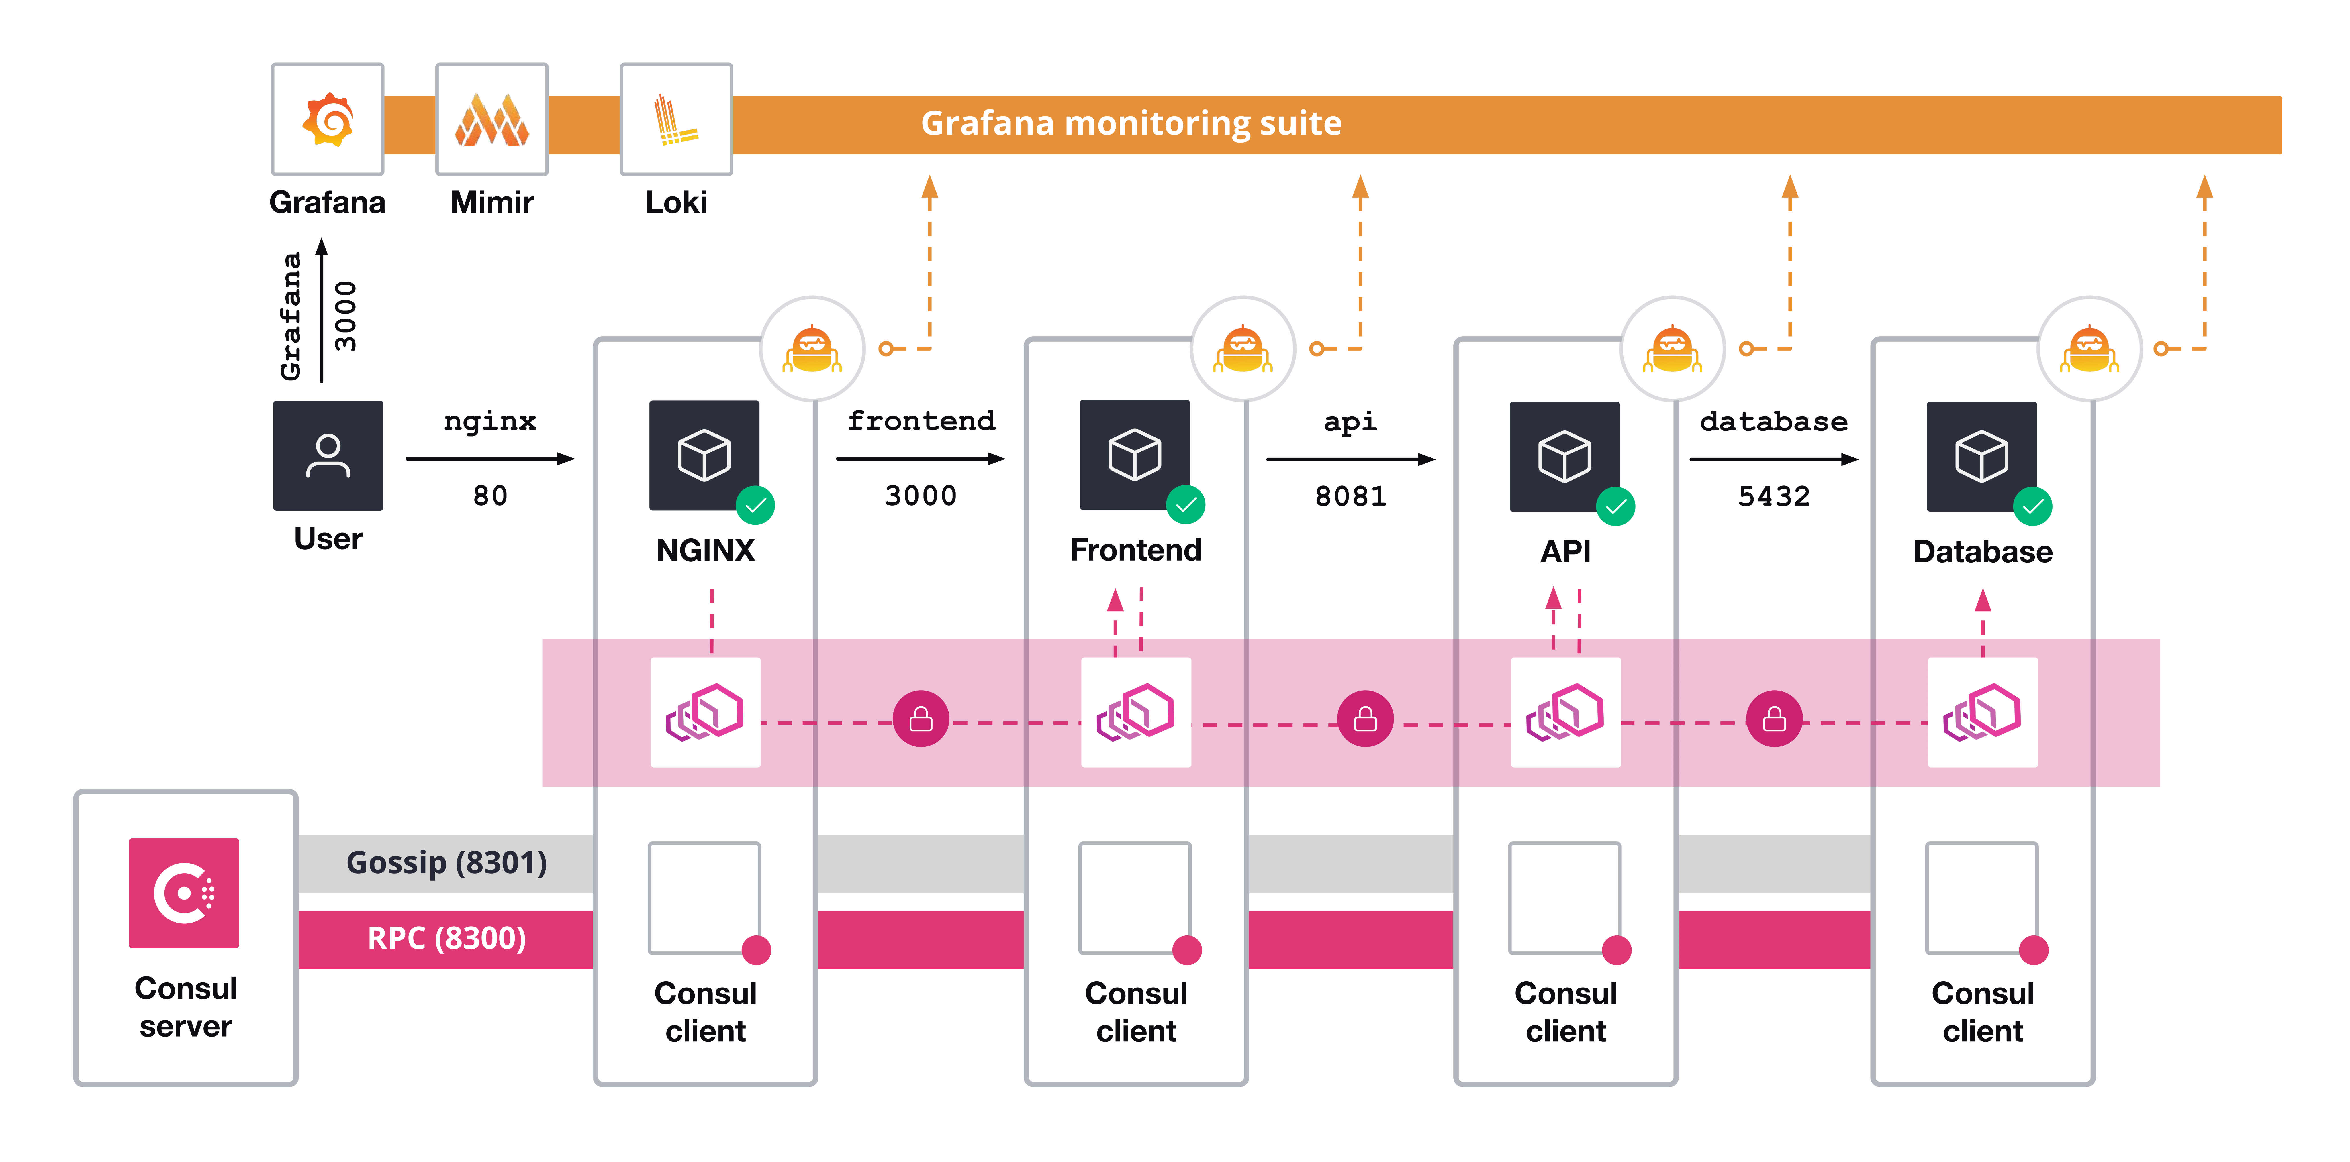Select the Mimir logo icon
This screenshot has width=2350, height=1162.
click(492, 119)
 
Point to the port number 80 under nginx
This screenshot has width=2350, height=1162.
click(490, 495)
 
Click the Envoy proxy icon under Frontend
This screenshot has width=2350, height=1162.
click(1136, 712)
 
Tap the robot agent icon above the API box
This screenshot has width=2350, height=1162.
click(1672, 349)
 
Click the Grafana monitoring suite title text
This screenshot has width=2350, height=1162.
click(1131, 123)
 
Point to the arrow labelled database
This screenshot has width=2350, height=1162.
click(1773, 459)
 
